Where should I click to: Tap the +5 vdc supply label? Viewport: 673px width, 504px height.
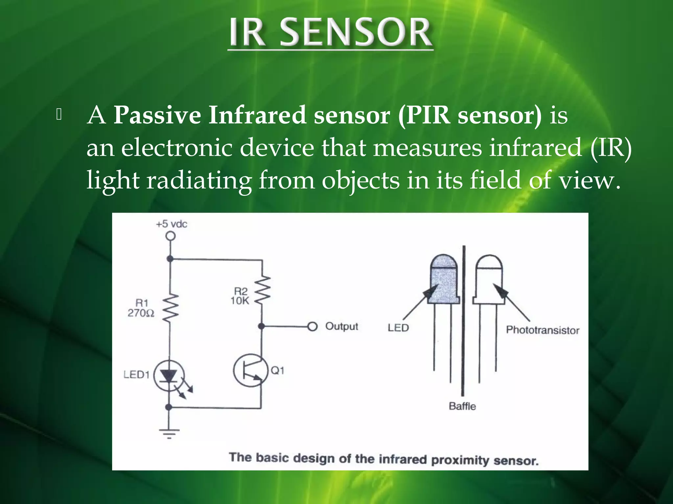[x=172, y=224]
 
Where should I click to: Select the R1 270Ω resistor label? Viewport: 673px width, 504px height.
[x=141, y=308]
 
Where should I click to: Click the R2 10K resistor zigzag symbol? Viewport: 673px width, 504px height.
[x=263, y=289]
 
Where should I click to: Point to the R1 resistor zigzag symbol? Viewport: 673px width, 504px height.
[x=170, y=307]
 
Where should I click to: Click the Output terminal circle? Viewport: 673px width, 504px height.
[x=313, y=326]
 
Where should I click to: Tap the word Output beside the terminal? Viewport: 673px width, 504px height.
[x=341, y=326]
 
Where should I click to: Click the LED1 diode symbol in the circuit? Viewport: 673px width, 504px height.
[x=169, y=376]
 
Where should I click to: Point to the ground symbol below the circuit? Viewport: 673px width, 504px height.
[x=169, y=433]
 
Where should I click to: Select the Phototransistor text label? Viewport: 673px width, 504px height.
[x=542, y=330]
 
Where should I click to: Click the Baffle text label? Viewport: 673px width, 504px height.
[x=462, y=406]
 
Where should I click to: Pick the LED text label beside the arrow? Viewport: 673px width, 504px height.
[x=398, y=328]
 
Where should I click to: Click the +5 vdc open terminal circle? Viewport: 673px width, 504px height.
[x=170, y=236]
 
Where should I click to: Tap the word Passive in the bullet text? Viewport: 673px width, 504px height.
[x=157, y=115]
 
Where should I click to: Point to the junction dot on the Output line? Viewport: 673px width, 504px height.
[x=261, y=326]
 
